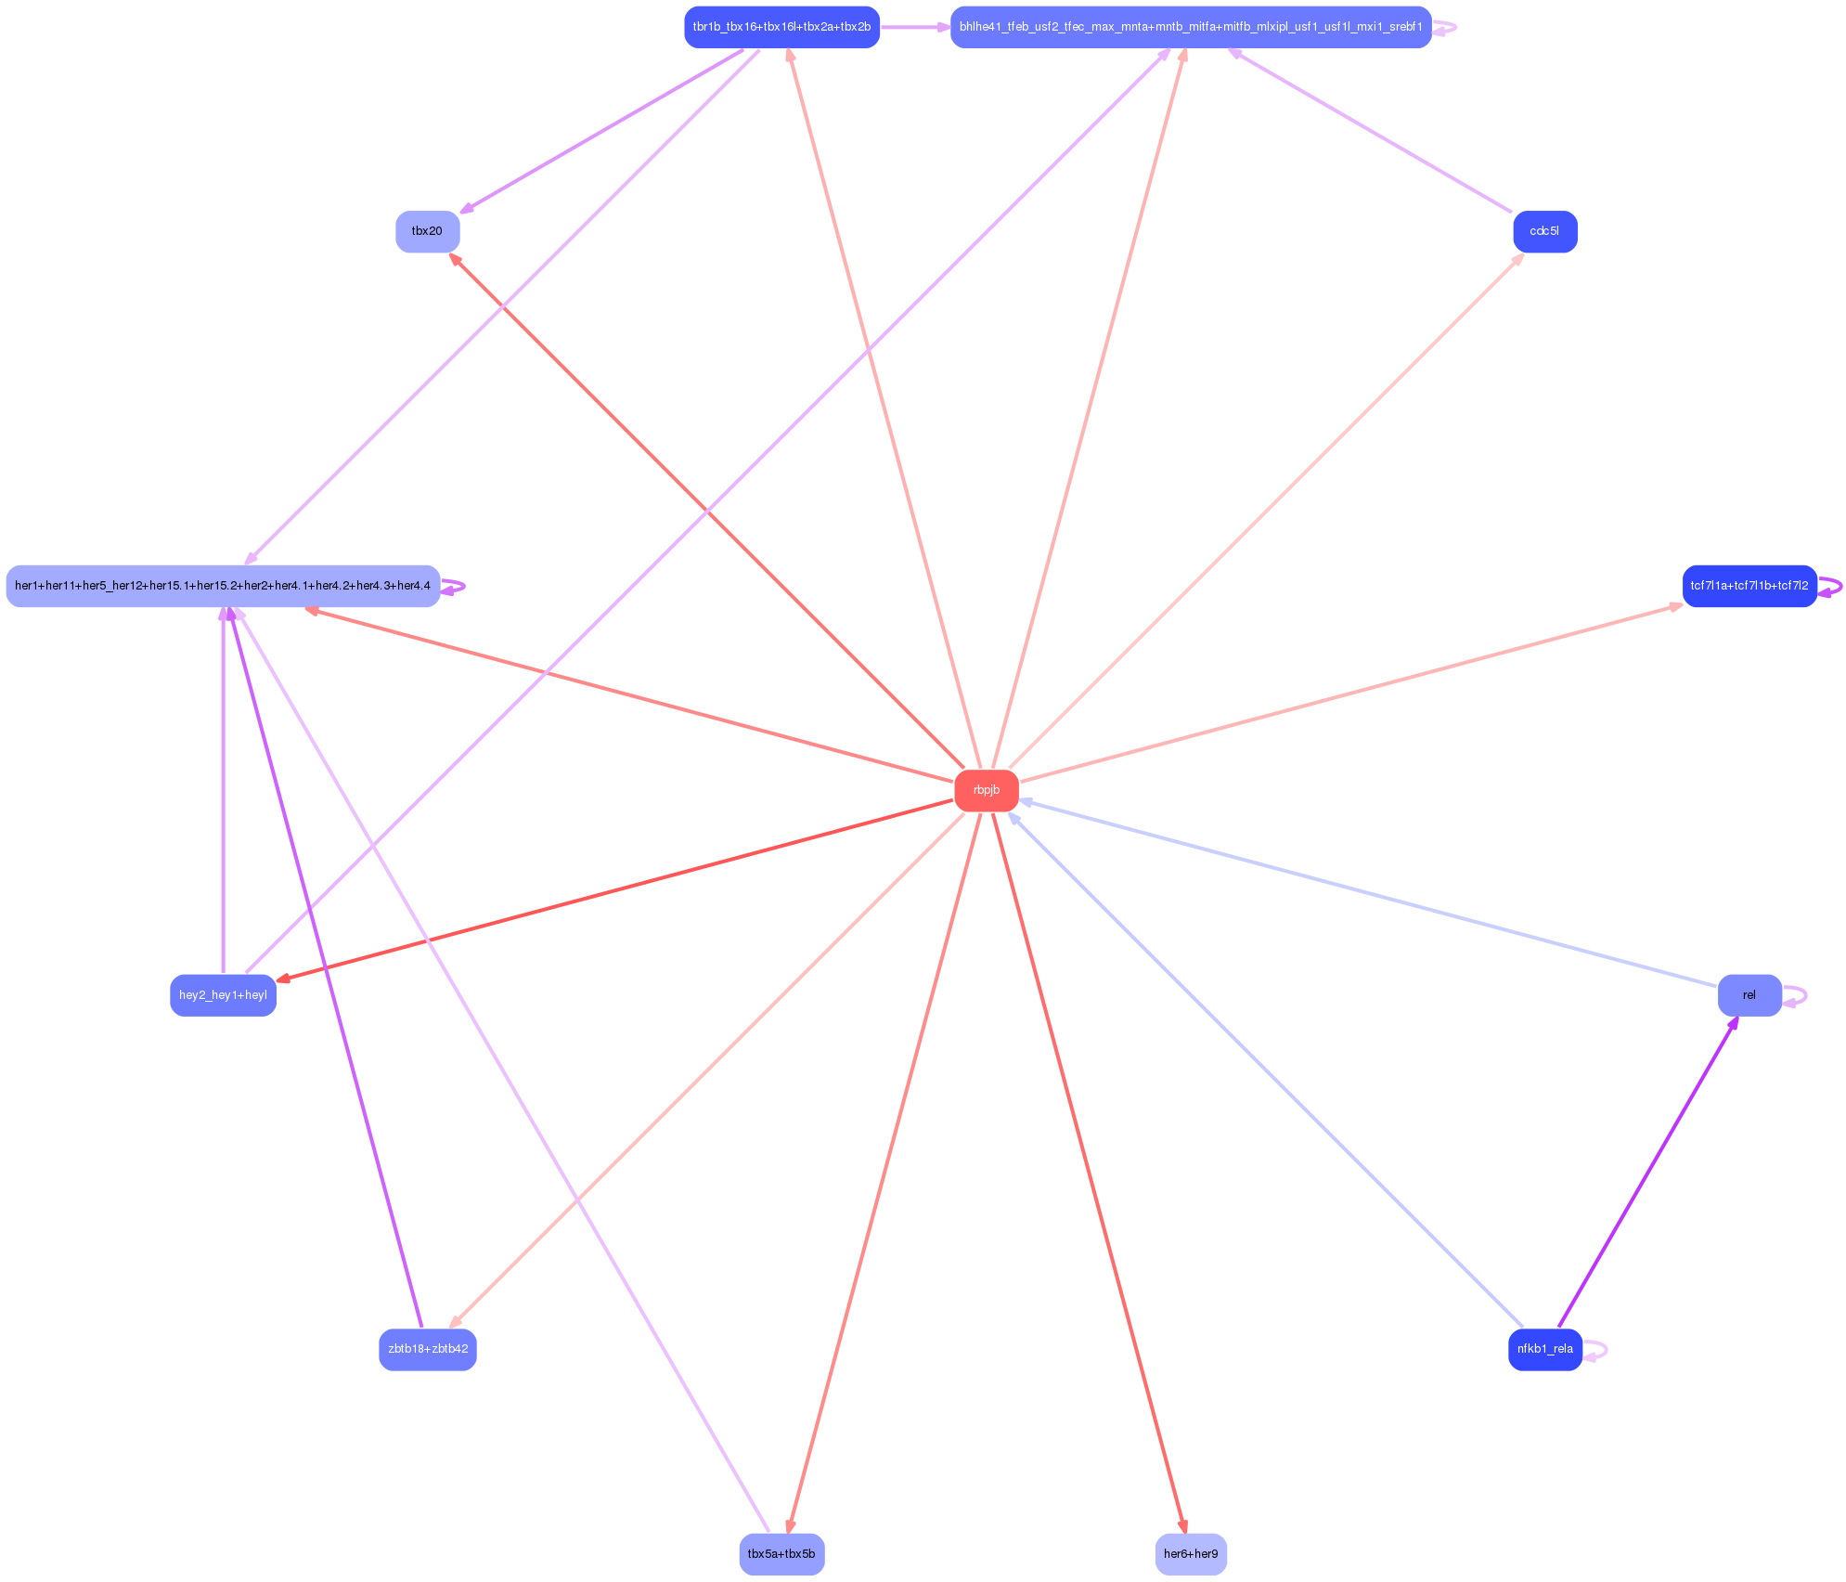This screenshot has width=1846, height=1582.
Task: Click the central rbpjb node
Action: [x=986, y=790]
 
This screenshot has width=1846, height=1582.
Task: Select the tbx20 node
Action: [x=427, y=231]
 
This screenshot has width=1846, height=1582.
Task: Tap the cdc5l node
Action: [x=1544, y=231]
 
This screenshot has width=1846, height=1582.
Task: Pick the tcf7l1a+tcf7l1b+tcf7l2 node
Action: [x=1749, y=586]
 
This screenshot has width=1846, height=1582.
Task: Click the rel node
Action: [x=1749, y=995]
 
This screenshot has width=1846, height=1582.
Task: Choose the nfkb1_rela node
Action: [x=1544, y=1349]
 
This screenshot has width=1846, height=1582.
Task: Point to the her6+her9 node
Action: [x=1191, y=1553]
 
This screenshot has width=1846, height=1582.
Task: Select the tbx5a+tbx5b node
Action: [x=781, y=1553]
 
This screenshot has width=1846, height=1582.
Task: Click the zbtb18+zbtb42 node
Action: [x=427, y=1349]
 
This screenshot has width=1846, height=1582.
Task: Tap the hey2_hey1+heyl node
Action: [x=223, y=995]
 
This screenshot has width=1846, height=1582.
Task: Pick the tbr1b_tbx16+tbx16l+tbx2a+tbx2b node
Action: [x=781, y=27]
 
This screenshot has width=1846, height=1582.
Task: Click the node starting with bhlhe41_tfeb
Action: [x=1191, y=27]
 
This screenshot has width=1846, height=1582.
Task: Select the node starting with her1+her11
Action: [x=223, y=586]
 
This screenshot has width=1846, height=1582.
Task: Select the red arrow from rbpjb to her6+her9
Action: [x=1088, y=1172]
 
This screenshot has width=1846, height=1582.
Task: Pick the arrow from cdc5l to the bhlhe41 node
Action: [x=1372, y=131]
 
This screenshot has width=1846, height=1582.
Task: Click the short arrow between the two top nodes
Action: [x=914, y=27]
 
